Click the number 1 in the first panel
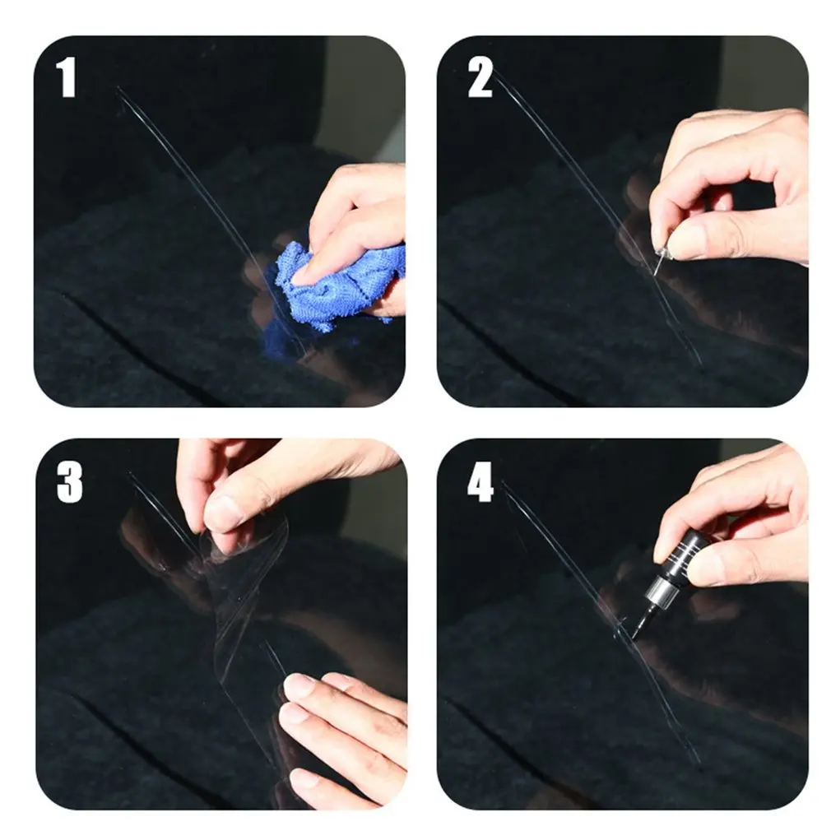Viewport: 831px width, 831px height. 66,77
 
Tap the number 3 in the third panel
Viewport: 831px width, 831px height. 69,482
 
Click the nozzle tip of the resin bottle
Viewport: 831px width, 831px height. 635,636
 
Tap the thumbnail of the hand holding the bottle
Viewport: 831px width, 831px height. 705,570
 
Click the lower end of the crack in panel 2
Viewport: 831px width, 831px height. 700,363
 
